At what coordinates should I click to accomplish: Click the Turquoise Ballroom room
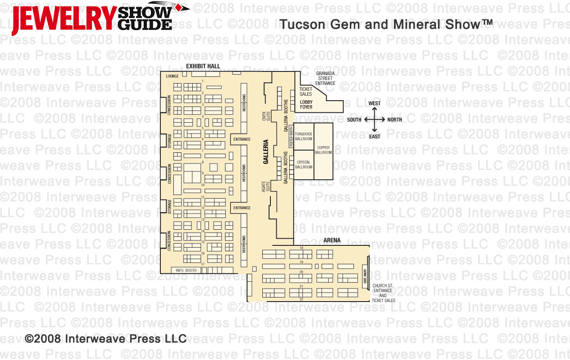pyautogui.click(x=304, y=137)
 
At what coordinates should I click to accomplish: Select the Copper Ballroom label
pyautogui.click(x=323, y=150)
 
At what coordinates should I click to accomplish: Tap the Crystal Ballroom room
pyautogui.click(x=304, y=164)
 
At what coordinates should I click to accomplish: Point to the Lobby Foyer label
pyautogui.click(x=306, y=105)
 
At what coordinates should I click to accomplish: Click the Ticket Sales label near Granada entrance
pyautogui.click(x=306, y=91)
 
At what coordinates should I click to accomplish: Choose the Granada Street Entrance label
pyautogui.click(x=325, y=78)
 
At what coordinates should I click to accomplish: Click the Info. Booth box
pyautogui.click(x=186, y=270)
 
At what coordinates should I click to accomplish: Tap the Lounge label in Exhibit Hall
pyautogui.click(x=172, y=76)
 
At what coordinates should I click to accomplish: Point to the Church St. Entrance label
pyautogui.click(x=383, y=290)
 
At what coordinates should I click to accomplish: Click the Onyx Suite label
pyautogui.click(x=269, y=116)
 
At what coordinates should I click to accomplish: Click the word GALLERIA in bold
pyautogui.click(x=266, y=152)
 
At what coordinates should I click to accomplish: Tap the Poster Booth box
pyautogui.click(x=291, y=137)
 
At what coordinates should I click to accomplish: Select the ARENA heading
pyautogui.click(x=332, y=240)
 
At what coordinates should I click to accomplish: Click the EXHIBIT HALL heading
pyautogui.click(x=203, y=66)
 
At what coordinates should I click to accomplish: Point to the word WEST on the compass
pyautogui.click(x=374, y=103)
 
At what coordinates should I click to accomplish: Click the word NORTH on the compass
pyautogui.click(x=395, y=120)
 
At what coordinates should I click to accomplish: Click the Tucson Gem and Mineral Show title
pyautogui.click(x=386, y=24)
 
